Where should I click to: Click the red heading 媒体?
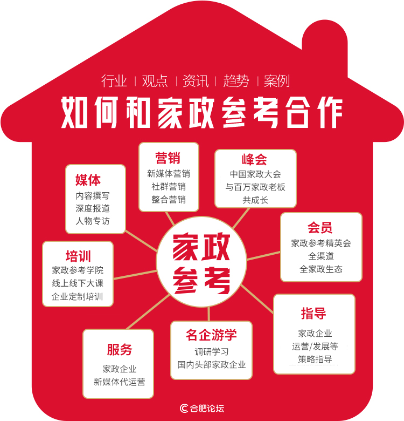88,180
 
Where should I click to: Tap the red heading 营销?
168,158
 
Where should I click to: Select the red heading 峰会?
254,159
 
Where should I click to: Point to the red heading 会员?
320,228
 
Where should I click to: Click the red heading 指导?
314,313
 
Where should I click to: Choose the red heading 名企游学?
211,335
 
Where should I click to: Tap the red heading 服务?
120,350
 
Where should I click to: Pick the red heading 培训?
78,256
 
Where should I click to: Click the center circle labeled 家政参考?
201,262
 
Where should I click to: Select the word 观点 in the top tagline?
155,81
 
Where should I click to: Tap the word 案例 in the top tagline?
277,81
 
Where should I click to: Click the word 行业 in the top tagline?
114,81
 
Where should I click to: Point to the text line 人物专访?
93,221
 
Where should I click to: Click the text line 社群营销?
169,186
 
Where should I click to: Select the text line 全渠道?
321,256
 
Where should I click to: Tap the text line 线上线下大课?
78,283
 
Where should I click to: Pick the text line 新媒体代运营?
120,382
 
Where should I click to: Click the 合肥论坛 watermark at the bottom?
202,408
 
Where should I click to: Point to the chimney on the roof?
325,49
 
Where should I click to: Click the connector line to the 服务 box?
148,311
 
